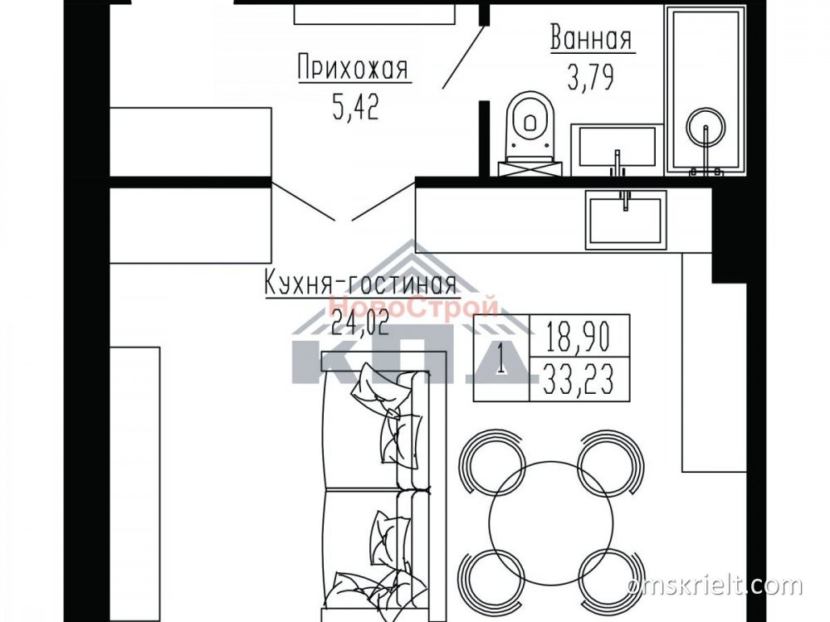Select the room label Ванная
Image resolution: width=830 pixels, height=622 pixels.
pyautogui.click(x=591, y=38)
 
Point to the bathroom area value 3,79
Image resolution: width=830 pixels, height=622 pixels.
pyautogui.click(x=591, y=78)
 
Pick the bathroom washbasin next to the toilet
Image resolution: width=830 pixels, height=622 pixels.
pyautogui.click(x=618, y=149)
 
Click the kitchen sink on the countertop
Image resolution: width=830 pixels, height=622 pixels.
pyautogui.click(x=626, y=219)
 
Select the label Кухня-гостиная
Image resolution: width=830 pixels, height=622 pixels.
pyautogui.click(x=360, y=284)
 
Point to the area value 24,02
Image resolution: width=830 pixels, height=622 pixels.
pyautogui.click(x=360, y=323)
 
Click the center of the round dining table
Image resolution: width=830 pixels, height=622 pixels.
pyautogui.click(x=550, y=522)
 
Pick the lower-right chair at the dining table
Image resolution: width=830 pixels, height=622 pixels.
pyautogui.click(x=610, y=582)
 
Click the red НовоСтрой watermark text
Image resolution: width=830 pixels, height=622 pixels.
pyautogui.click(x=413, y=308)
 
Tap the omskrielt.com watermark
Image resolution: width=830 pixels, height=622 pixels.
pyautogui.click(x=715, y=586)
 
